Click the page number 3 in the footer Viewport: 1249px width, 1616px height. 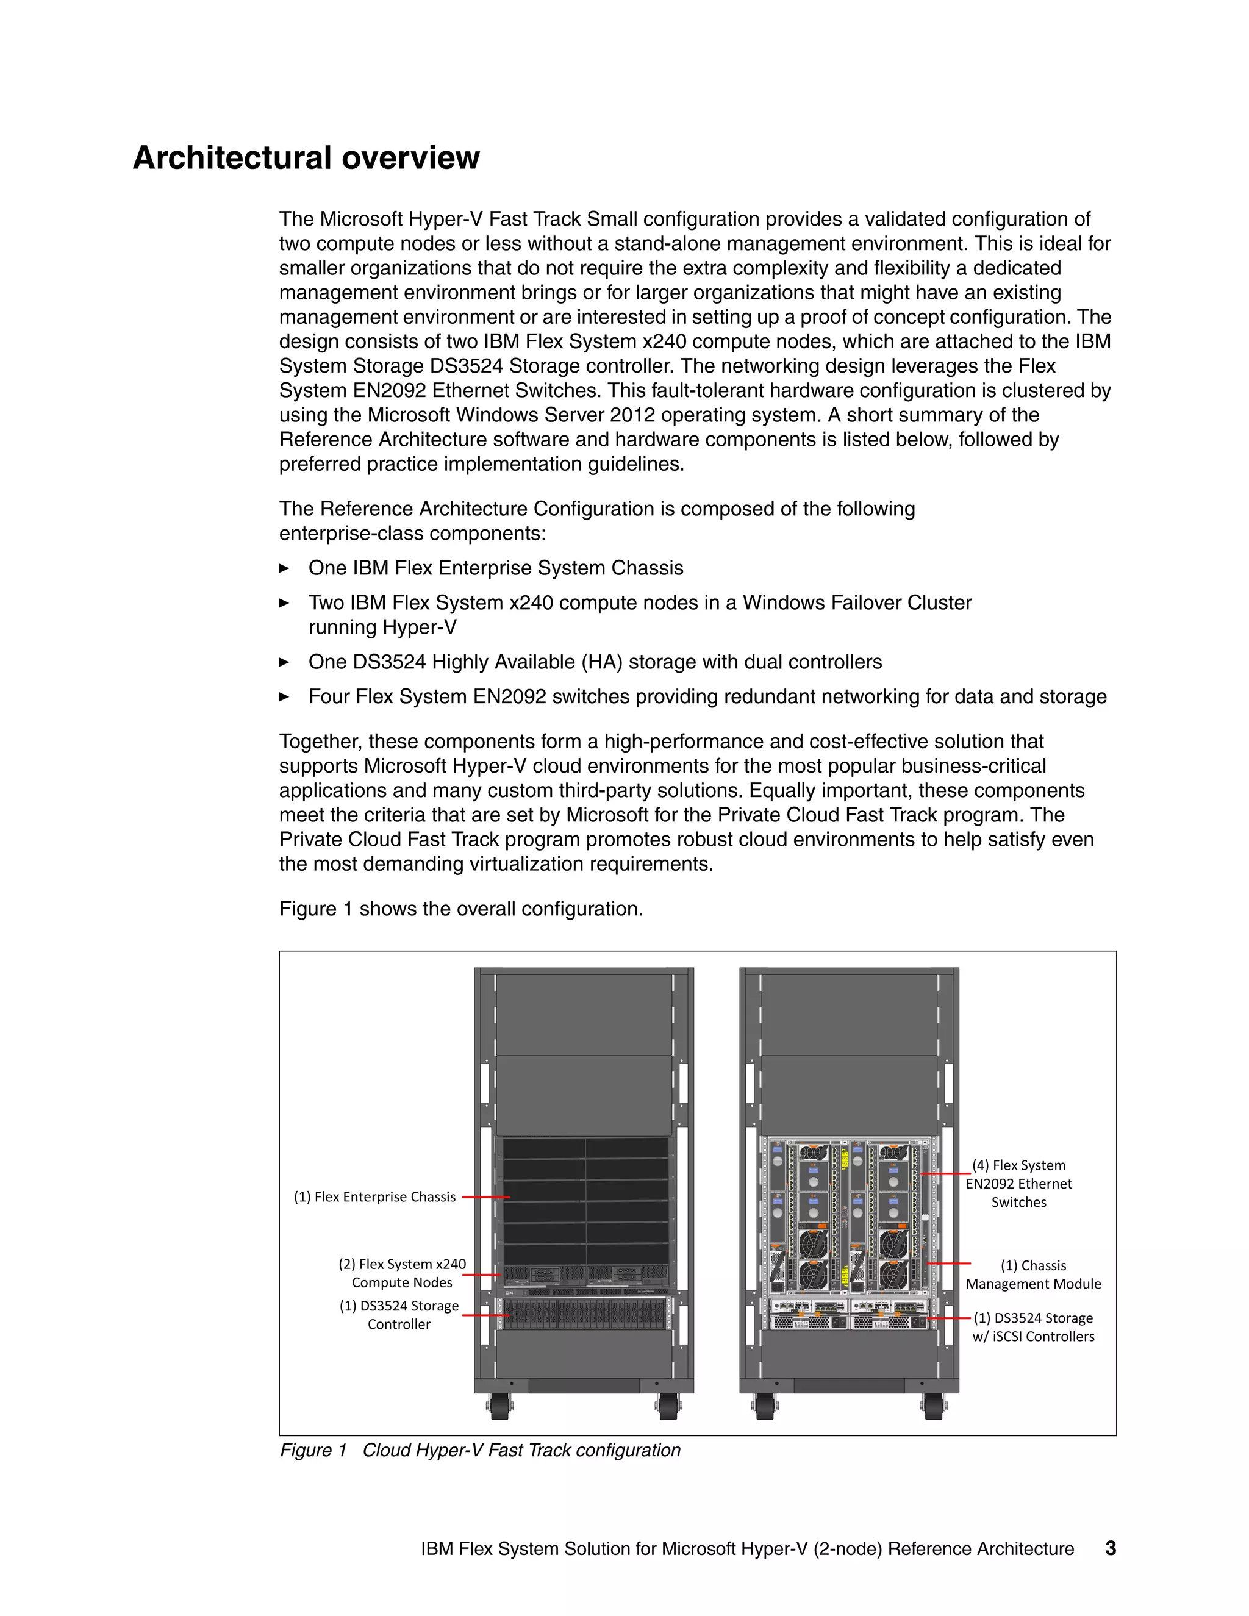[1110, 1548]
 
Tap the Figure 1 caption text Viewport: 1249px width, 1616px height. [479, 1450]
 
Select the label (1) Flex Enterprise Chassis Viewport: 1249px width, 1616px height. [374, 1196]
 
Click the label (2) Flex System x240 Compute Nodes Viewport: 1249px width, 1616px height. [402, 1273]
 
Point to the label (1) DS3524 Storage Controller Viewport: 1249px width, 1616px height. [399, 1315]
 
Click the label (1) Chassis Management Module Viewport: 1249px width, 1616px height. [1033, 1274]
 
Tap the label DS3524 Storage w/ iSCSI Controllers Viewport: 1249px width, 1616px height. [1033, 1327]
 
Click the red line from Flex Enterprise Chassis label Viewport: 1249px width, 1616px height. [485, 1196]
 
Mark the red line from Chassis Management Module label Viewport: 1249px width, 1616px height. [948, 1263]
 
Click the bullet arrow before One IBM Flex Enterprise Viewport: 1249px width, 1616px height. [284, 568]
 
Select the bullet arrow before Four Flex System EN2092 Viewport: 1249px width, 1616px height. [284, 697]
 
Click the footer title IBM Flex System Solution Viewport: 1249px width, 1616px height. [747, 1549]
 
